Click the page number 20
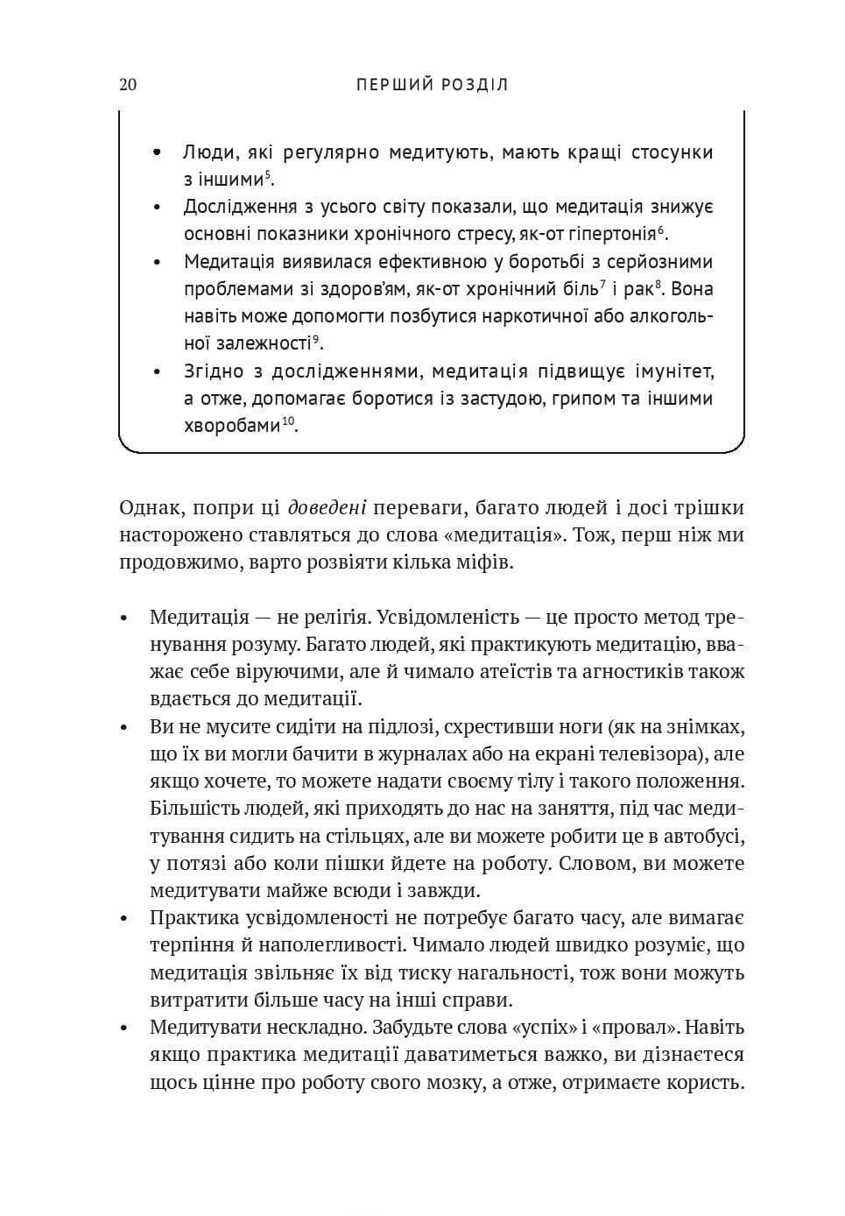[x=127, y=85]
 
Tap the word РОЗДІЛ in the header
[x=474, y=85]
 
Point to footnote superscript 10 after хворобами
[x=288, y=421]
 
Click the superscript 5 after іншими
[x=269, y=175]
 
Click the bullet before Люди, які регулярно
[x=158, y=152]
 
